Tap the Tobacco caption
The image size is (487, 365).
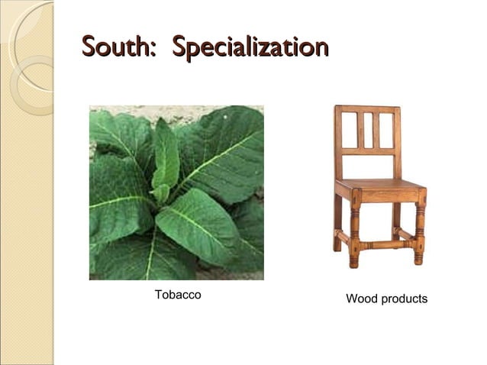[x=178, y=295]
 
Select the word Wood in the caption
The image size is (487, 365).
[x=362, y=299]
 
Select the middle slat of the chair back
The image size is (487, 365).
[x=367, y=131]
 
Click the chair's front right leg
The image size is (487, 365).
[x=419, y=229]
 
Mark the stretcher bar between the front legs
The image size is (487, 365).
[x=386, y=246]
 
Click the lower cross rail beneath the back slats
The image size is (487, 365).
[x=367, y=151]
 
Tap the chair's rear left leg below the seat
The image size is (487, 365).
[x=337, y=221]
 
